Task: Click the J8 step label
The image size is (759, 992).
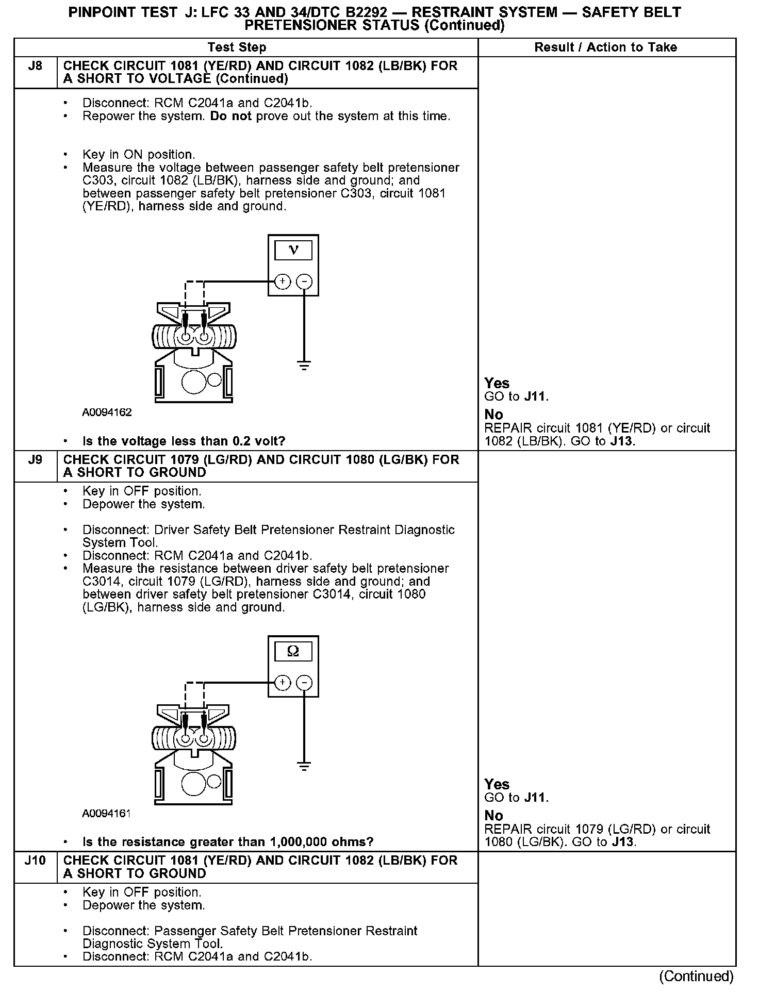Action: (x=35, y=66)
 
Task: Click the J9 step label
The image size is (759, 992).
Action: (x=35, y=459)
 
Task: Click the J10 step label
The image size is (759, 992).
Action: (x=35, y=860)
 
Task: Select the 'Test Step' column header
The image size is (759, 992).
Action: (x=237, y=47)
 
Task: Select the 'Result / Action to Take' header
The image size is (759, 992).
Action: (x=605, y=47)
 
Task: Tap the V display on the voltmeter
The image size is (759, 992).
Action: (x=293, y=251)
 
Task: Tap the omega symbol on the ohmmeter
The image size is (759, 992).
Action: (x=293, y=652)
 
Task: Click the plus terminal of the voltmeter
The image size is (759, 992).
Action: (x=282, y=282)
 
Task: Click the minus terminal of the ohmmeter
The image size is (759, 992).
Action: (x=305, y=683)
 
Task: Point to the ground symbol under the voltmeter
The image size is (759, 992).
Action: (x=304, y=366)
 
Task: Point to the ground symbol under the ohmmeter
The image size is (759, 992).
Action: (x=304, y=767)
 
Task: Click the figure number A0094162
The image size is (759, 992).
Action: (x=107, y=412)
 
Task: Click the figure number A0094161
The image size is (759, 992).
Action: (x=106, y=814)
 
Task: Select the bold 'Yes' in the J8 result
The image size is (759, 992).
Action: (x=497, y=383)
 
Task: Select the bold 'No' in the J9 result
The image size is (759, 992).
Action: (x=493, y=815)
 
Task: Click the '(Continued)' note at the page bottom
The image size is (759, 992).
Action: (x=696, y=977)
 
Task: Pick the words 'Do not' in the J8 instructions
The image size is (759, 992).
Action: (x=230, y=116)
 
